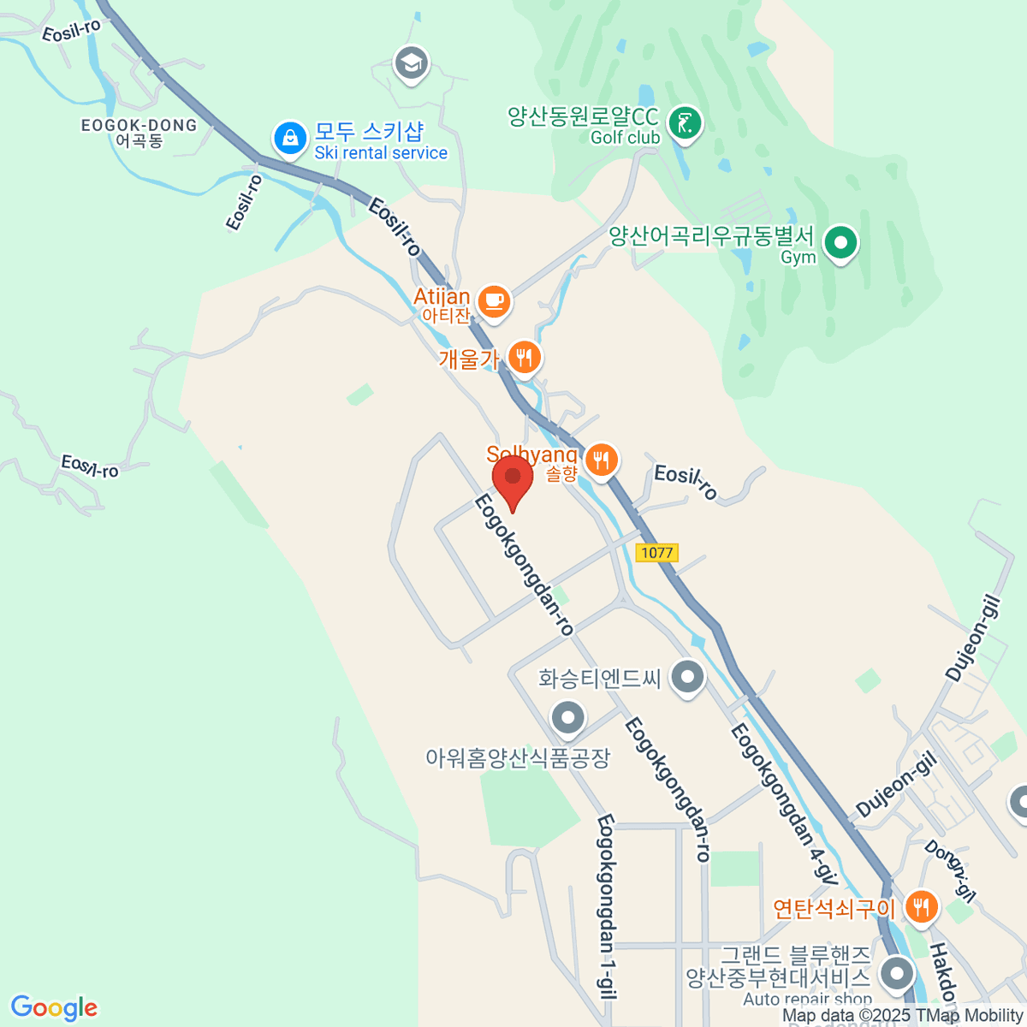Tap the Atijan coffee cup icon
[x=494, y=300]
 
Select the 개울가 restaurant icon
[x=525, y=357]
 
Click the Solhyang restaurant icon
[x=603, y=460]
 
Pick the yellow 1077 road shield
[x=657, y=553]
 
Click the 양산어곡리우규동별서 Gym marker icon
[x=840, y=243]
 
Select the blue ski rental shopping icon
[x=290, y=138]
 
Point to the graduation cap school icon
[x=412, y=63]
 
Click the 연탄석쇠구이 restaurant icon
[x=921, y=907]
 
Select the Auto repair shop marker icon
[x=897, y=974]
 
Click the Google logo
[x=54, y=1008]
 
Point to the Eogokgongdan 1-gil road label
[x=607, y=907]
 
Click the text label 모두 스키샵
[x=369, y=131]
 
